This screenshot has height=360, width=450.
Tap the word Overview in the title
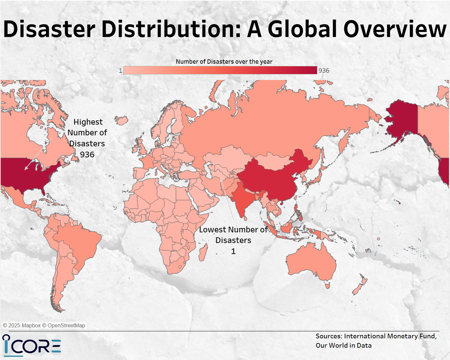[x=395, y=29]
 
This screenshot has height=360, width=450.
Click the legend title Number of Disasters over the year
[x=224, y=62]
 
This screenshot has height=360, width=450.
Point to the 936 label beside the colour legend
[x=324, y=71]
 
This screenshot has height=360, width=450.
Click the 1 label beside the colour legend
[x=120, y=71]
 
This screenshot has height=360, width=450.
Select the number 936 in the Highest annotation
[x=87, y=155]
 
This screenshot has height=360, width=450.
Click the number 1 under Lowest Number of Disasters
[x=233, y=251]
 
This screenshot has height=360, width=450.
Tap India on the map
[x=243, y=200]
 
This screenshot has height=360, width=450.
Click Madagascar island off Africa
[x=203, y=252]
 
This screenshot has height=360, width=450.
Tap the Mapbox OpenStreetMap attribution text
[x=44, y=325]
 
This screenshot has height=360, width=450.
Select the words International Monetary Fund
[x=390, y=336]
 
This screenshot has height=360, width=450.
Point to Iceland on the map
[x=121, y=120]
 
